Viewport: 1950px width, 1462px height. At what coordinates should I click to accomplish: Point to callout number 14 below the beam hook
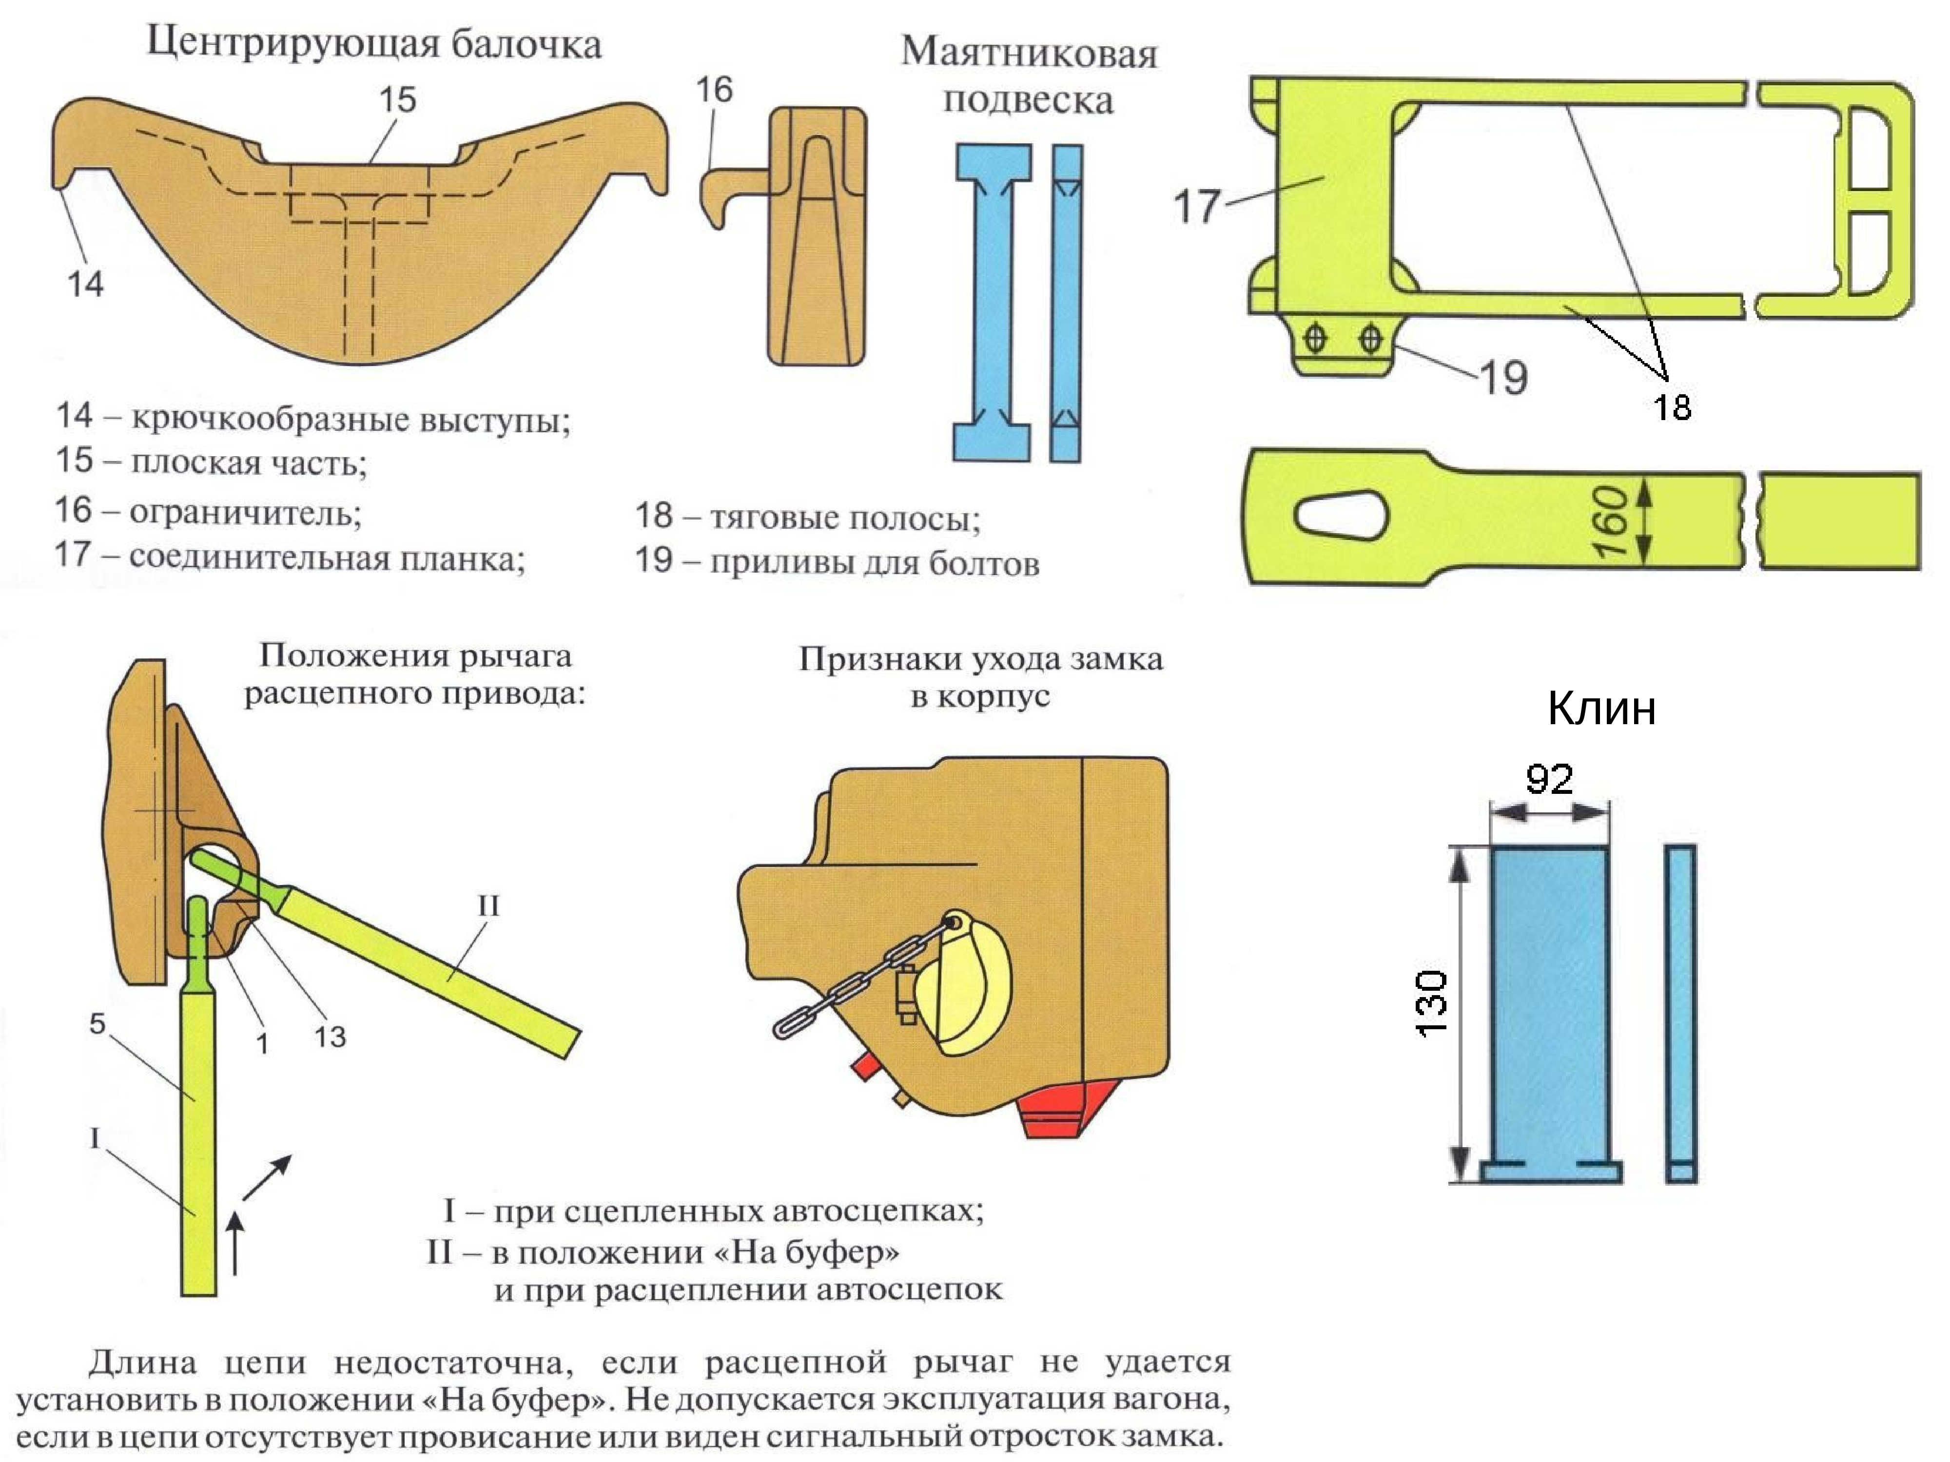(85, 284)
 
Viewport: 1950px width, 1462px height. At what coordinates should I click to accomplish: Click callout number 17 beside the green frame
(1196, 206)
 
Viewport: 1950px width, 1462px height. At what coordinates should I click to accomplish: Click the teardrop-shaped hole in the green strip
(1340, 514)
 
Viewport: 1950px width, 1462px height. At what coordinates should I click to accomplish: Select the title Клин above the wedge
(1601, 709)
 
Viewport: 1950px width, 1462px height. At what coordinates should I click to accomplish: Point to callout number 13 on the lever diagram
(330, 1037)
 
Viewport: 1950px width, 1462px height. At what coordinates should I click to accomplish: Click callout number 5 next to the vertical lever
(97, 1024)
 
